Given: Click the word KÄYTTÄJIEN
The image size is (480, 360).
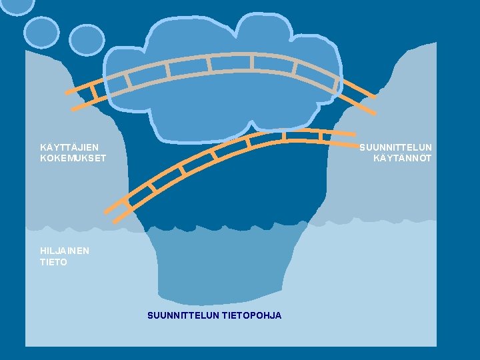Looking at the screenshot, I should pyautogui.click(x=69, y=147).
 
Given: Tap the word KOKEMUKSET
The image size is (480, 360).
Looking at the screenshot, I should pyautogui.click(x=73, y=159).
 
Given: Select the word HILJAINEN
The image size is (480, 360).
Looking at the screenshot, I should pyautogui.click(x=65, y=251).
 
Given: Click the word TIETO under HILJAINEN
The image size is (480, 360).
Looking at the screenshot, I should pyautogui.click(x=53, y=262).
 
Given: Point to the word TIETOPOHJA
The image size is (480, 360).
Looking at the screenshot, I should pyautogui.click(x=250, y=315).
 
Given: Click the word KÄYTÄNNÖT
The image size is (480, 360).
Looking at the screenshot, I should pyautogui.click(x=402, y=159).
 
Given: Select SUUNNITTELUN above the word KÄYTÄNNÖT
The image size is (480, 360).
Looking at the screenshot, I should pyautogui.click(x=395, y=147).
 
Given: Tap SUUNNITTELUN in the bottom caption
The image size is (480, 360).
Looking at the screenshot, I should pyautogui.click(x=182, y=315).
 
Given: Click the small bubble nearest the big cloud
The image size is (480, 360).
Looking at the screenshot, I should pyautogui.click(x=87, y=39).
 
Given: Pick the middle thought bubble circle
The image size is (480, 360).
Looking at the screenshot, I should pyautogui.click(x=41, y=31).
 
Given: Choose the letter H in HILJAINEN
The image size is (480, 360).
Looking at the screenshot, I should pyautogui.click(x=43, y=251).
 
